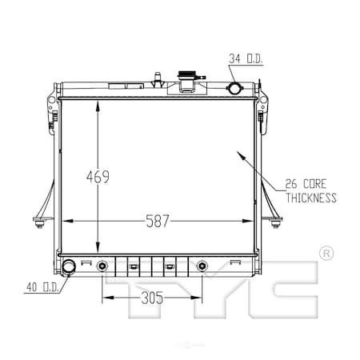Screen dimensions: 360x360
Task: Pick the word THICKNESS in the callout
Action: click(311, 198)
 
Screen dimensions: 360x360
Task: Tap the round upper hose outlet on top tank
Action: click(235, 88)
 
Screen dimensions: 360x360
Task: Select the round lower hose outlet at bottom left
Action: click(69, 266)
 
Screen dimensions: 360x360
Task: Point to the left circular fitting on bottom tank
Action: click(102, 266)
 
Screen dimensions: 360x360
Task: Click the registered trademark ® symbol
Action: click(326, 254)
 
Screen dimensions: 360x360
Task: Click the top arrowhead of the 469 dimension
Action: click(98, 102)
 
